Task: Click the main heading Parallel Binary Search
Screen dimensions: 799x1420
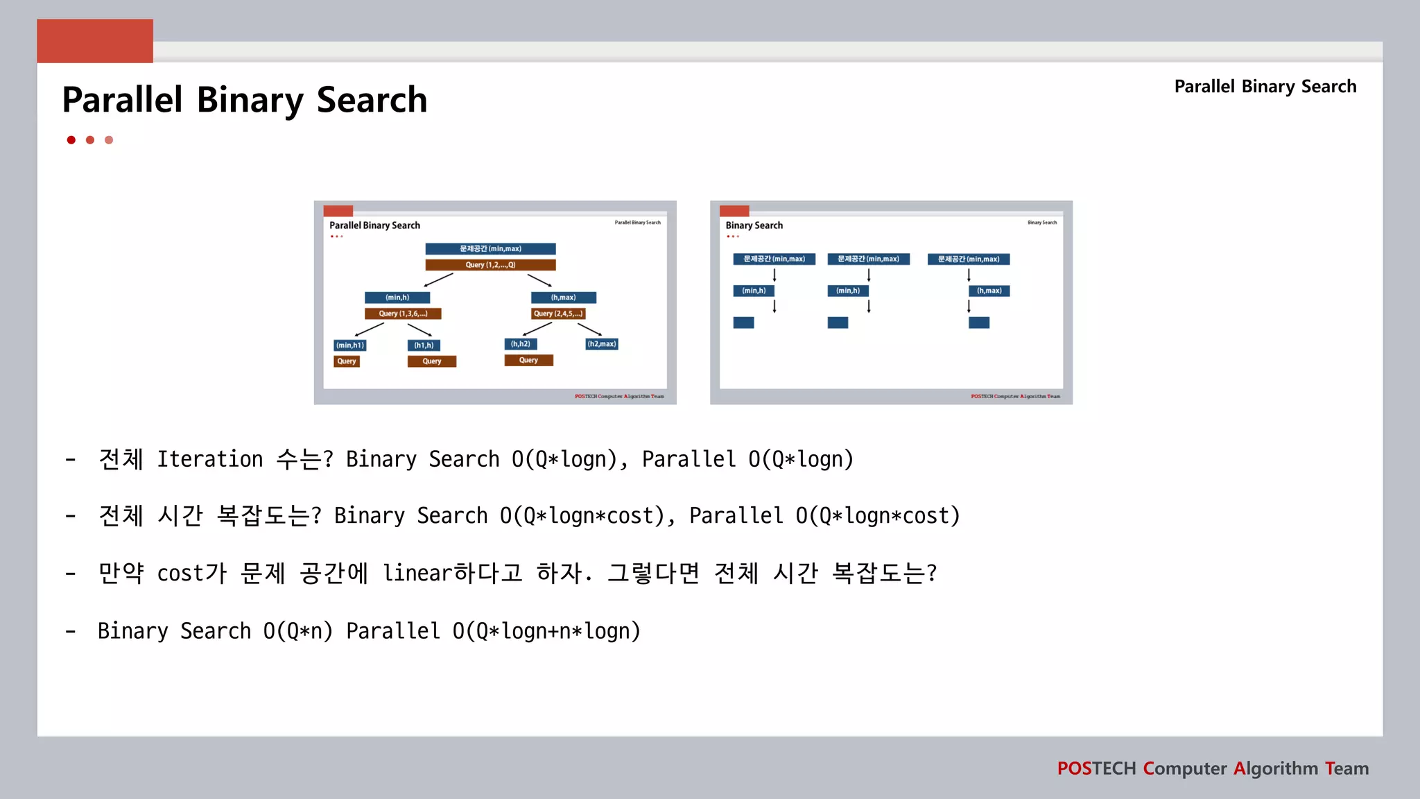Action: [244, 100]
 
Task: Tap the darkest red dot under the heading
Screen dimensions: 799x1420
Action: [71, 140]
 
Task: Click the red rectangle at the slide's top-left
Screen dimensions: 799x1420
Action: [95, 41]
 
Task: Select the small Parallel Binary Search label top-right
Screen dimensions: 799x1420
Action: [1265, 87]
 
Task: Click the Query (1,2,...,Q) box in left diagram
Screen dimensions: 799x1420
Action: [490, 265]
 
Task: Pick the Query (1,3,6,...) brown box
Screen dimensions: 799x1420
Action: [403, 313]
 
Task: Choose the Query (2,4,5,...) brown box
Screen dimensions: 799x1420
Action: [558, 313]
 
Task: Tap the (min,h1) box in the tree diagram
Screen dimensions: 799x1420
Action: [350, 345]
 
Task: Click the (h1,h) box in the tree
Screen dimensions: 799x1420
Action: [424, 345]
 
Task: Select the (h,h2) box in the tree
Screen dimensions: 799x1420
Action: [520, 344]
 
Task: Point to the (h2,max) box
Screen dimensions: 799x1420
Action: [601, 344]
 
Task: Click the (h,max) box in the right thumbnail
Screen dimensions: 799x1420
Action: [989, 291]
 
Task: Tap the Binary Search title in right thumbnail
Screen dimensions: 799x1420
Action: [754, 225]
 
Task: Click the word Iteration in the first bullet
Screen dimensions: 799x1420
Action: [209, 459]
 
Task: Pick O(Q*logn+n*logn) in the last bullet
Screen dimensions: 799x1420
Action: [546, 631]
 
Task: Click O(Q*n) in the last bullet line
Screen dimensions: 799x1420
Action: [297, 631]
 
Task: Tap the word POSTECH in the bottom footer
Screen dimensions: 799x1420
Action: [1096, 768]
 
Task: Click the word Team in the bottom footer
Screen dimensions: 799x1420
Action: [1347, 768]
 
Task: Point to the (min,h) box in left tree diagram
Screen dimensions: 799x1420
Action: [397, 298]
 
